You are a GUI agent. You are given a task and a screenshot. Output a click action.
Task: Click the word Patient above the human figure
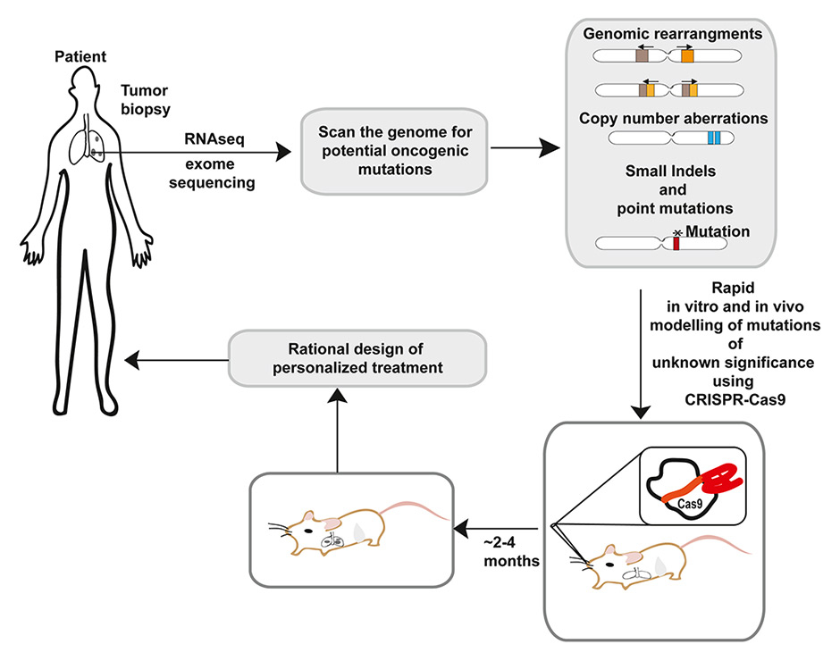pyautogui.click(x=80, y=57)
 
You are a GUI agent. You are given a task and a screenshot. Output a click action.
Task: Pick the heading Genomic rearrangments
pyautogui.click(x=672, y=35)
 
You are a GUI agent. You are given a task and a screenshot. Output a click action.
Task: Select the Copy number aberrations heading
pyautogui.click(x=673, y=118)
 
